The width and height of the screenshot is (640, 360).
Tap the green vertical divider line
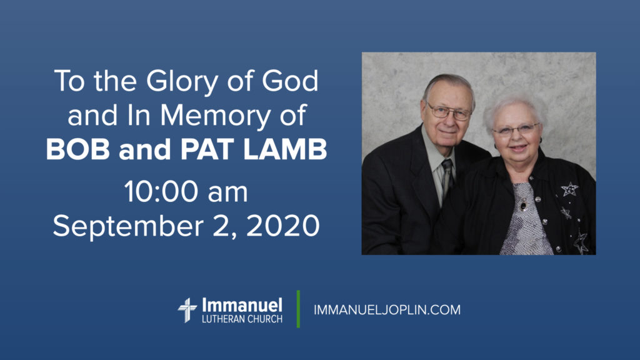(298, 309)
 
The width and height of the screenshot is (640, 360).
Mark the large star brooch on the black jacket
(569, 189)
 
